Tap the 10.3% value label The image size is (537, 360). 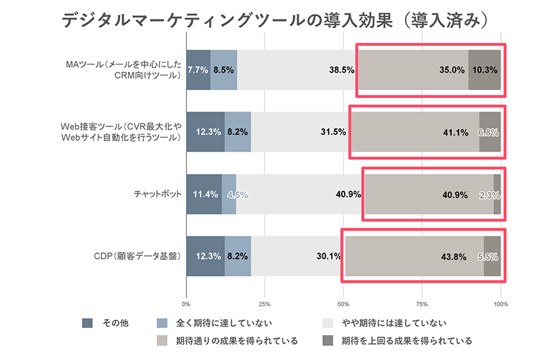485,70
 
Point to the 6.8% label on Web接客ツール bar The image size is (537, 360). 489,132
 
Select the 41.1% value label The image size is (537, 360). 455,132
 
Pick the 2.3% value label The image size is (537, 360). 489,195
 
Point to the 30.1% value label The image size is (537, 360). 328,257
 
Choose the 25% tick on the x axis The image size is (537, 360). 264,303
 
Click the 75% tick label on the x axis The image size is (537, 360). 422,303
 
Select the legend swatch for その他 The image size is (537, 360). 87,323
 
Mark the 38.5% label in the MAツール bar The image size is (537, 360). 342,70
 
